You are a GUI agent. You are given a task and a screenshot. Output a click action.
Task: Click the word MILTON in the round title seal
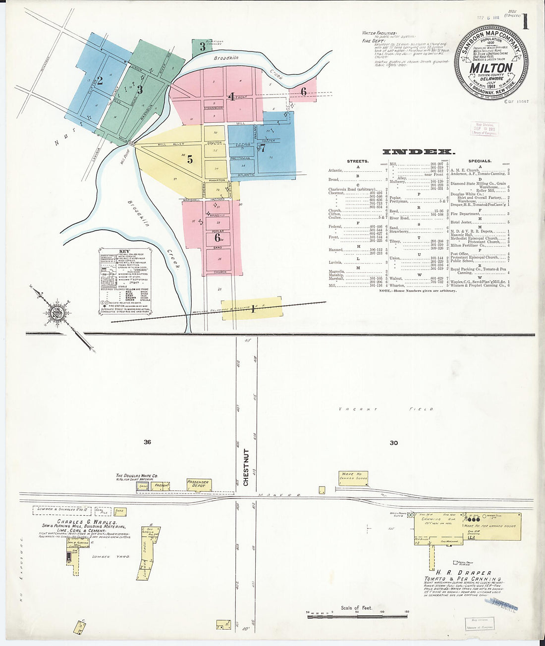[491, 67]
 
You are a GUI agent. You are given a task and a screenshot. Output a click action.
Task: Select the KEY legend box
[125, 282]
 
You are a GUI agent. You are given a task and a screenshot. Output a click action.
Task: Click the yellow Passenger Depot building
[199, 485]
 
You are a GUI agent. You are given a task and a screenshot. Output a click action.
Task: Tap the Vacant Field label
[386, 409]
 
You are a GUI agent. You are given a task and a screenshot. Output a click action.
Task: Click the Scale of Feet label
[356, 608]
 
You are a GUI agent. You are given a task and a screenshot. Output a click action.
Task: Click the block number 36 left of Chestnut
[147, 442]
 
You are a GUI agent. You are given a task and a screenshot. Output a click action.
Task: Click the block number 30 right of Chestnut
[393, 443]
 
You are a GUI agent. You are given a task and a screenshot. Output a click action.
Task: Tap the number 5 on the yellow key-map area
[190, 160]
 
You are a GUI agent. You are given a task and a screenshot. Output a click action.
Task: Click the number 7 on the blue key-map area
[263, 147]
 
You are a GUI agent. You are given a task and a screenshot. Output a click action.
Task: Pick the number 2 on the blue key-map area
[100, 81]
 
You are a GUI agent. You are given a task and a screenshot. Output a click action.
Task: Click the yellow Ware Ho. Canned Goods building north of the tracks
[353, 478]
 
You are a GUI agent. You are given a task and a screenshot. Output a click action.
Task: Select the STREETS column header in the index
[357, 161]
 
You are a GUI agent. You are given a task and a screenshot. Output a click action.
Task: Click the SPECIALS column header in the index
[479, 161]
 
